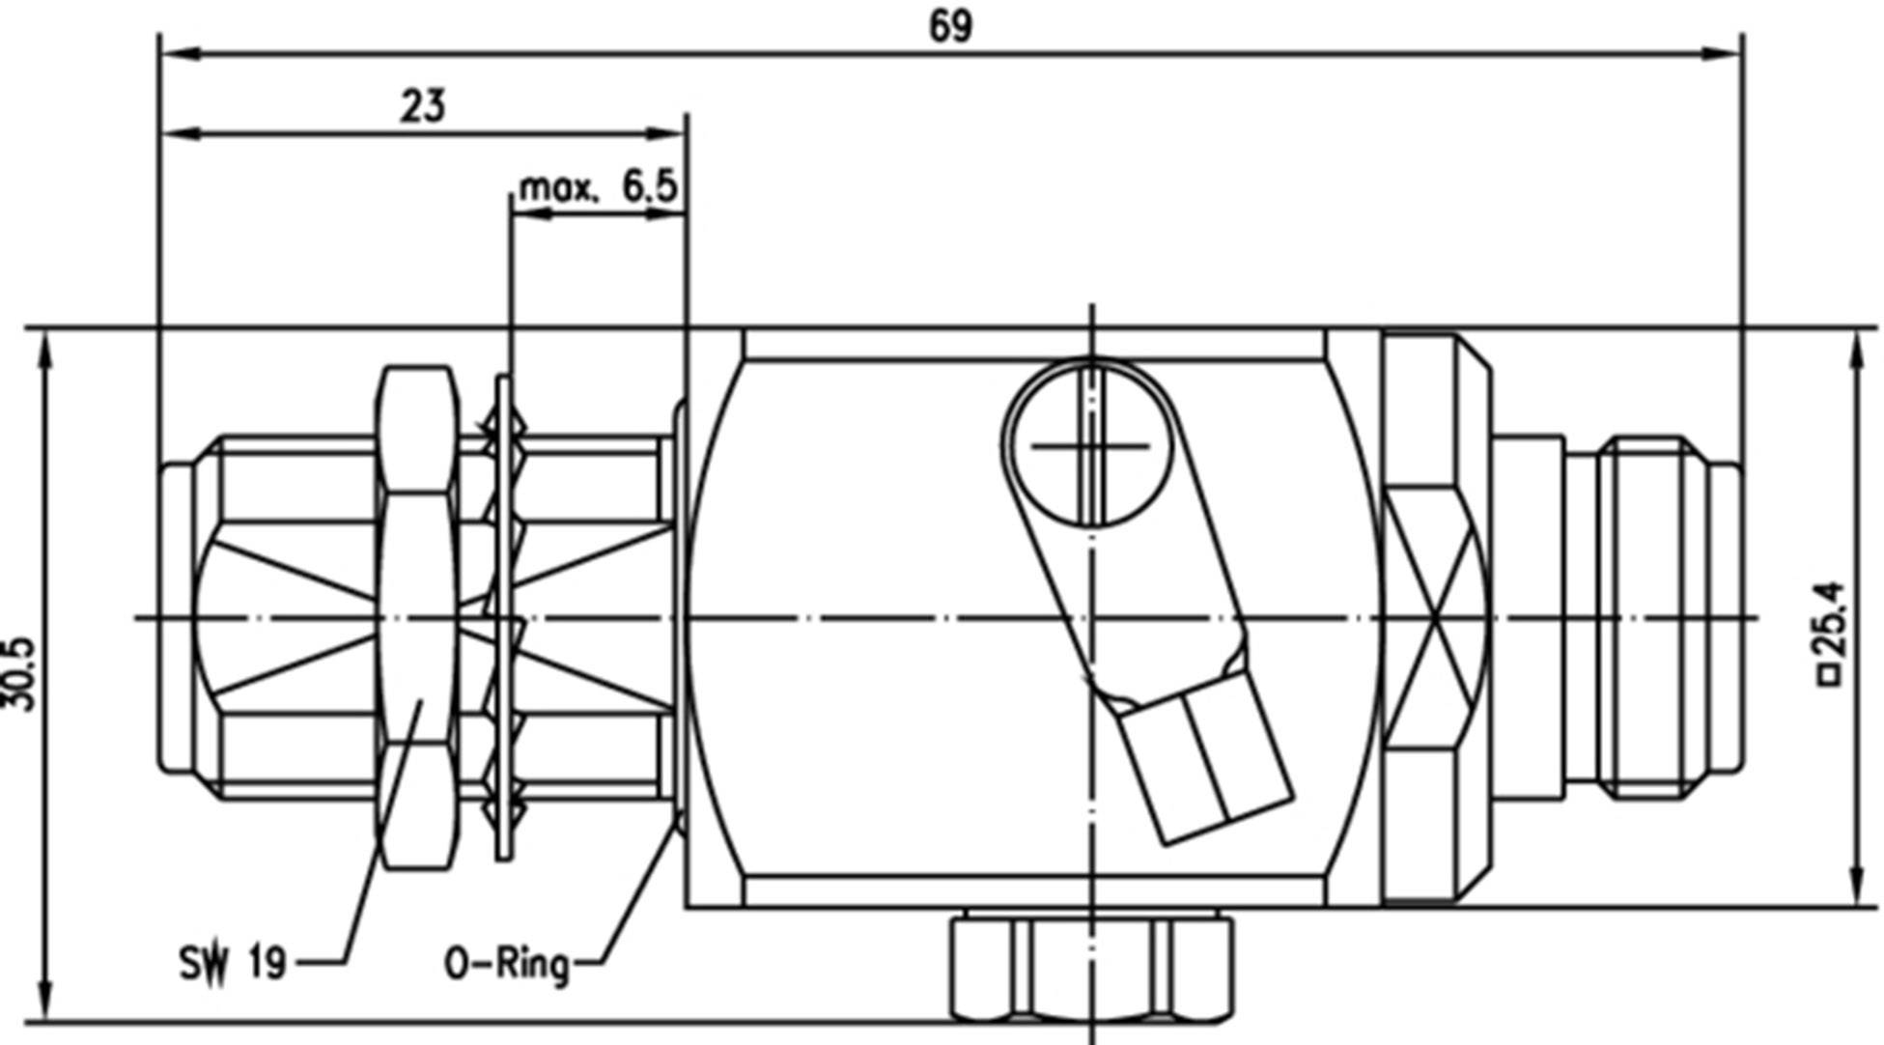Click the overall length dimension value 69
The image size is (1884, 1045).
pyautogui.click(x=950, y=26)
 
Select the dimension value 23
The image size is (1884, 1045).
pyautogui.click(x=424, y=105)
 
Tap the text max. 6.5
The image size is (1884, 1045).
pyautogui.click(x=598, y=186)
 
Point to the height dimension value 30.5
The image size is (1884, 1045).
pyautogui.click(x=21, y=673)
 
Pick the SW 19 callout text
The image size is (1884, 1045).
pyautogui.click(x=233, y=963)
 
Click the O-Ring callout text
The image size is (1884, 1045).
pyautogui.click(x=506, y=963)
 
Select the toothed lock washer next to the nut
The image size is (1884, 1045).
pyautogui.click(x=504, y=618)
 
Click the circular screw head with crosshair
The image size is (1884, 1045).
pyautogui.click(x=1091, y=445)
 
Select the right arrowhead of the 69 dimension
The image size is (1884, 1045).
pyautogui.click(x=1724, y=53)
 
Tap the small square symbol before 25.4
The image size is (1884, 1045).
pyautogui.click(x=1829, y=677)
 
